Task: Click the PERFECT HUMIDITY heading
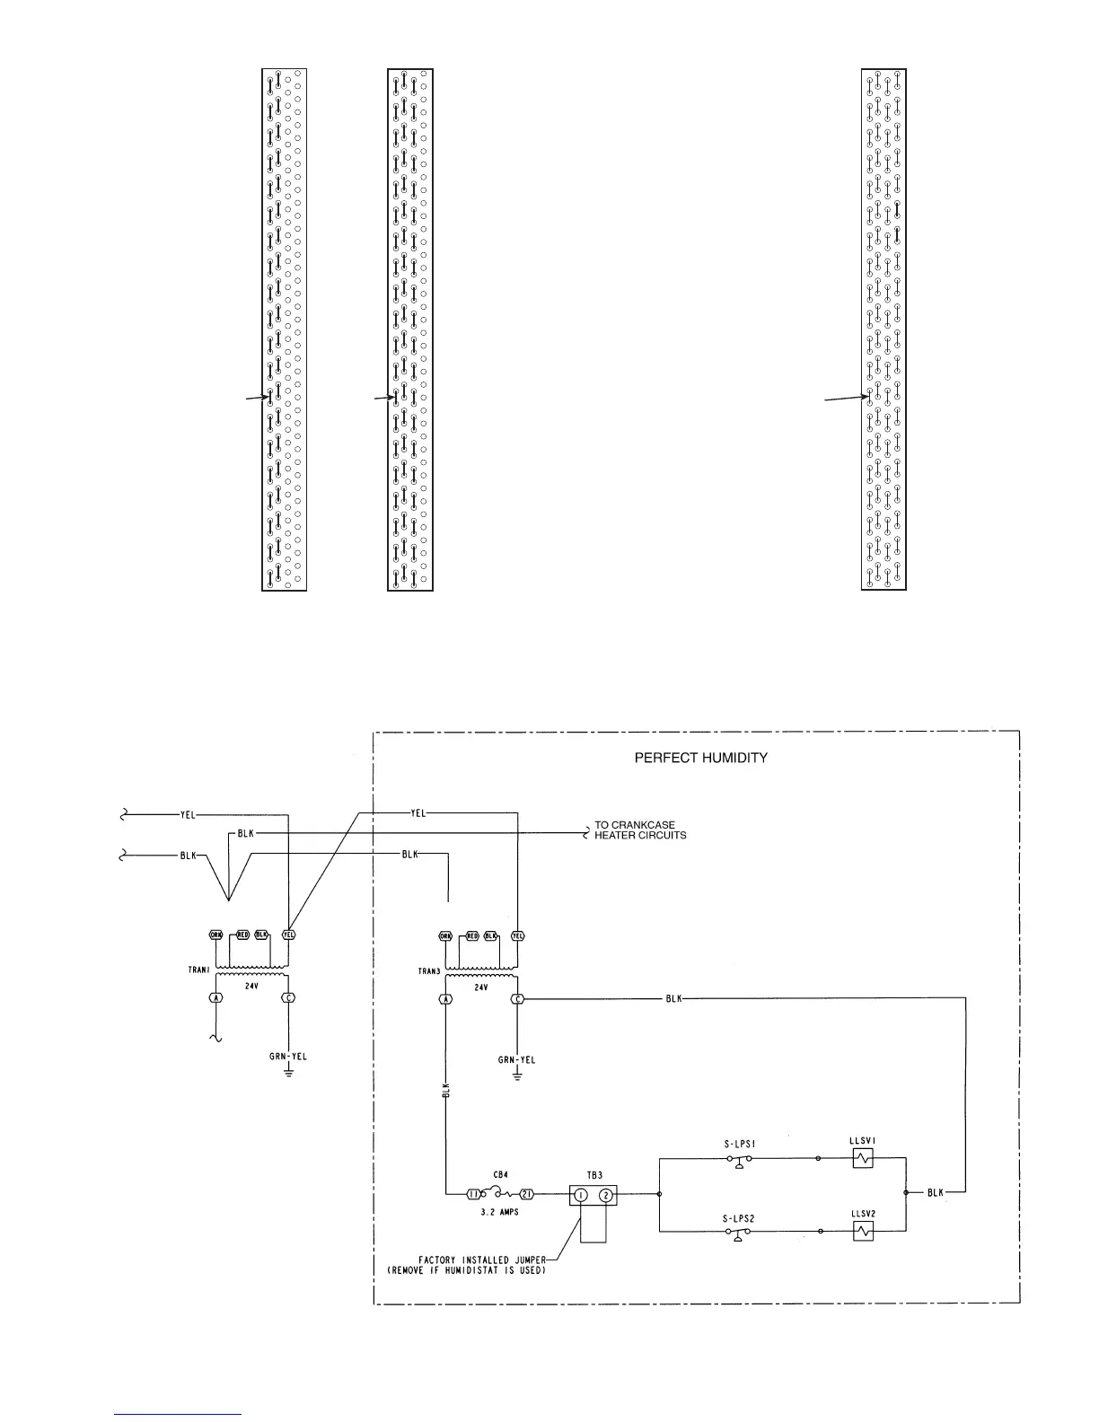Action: [700, 757]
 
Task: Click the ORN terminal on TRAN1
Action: [215, 934]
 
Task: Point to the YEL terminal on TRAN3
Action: [517, 935]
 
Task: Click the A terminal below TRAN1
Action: [215, 997]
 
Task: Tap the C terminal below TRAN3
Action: [517, 999]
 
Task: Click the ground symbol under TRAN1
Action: [288, 1073]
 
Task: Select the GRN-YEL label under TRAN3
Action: [517, 1060]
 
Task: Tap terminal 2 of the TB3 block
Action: [606, 1195]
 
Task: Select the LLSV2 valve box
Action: [863, 1233]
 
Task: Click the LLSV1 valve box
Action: [863, 1159]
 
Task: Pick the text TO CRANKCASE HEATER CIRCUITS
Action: [640, 829]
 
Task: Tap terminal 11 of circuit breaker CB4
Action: [473, 1195]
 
